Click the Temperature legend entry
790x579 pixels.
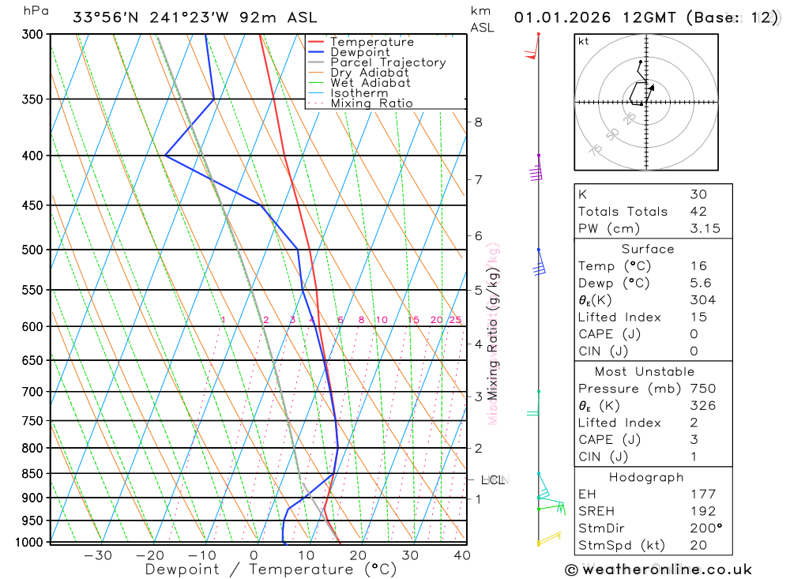pyautogui.click(x=371, y=42)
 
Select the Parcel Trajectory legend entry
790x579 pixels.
pyautogui.click(x=388, y=62)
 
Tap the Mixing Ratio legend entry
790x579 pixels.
pyautogui.click(x=371, y=103)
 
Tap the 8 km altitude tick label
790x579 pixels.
pyautogui.click(x=479, y=122)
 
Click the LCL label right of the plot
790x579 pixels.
pyautogui.click(x=493, y=479)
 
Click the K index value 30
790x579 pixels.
pyautogui.click(x=698, y=194)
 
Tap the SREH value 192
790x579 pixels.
pyautogui.click(x=702, y=511)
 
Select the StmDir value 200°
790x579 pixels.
pyautogui.click(x=702, y=528)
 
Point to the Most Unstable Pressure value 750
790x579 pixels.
pyautogui.click(x=702, y=389)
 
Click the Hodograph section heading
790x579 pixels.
pyautogui.click(x=653, y=477)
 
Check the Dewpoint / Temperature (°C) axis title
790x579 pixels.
pyautogui.click(x=271, y=569)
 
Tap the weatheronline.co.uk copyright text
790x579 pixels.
pyautogui.click(x=658, y=570)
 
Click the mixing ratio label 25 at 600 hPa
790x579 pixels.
pyautogui.click(x=455, y=320)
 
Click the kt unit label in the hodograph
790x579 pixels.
pyautogui.click(x=583, y=42)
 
